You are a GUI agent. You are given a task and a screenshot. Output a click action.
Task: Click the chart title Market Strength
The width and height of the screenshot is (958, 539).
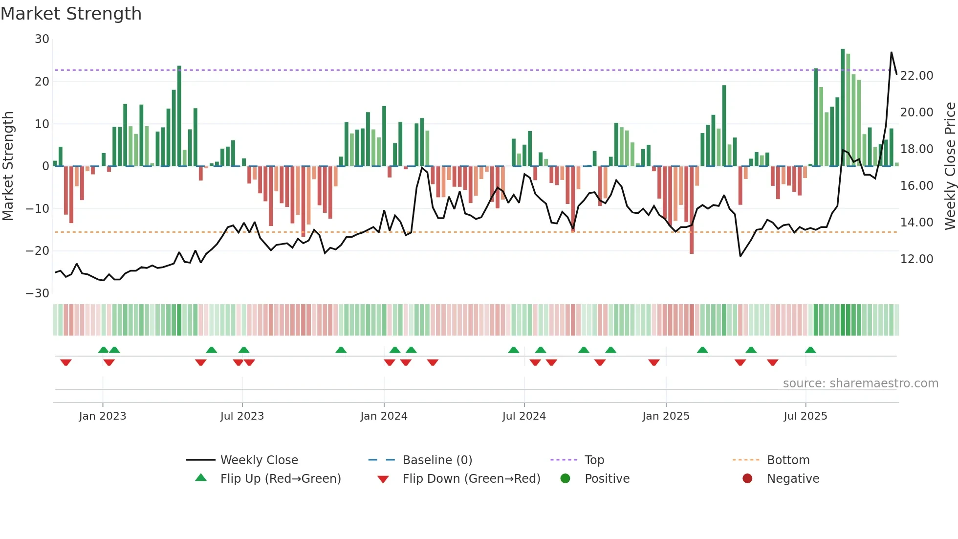pyautogui.click(x=71, y=14)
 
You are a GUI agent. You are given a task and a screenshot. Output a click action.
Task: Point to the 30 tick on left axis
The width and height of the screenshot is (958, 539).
pyautogui.click(x=42, y=39)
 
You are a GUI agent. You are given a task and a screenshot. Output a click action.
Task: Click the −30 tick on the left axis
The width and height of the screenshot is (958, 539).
pyautogui.click(x=38, y=293)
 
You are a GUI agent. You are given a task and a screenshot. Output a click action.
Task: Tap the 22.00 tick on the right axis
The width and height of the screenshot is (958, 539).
pyautogui.click(x=916, y=76)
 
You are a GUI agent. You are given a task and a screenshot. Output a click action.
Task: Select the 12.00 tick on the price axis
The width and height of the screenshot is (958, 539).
pyautogui.click(x=916, y=259)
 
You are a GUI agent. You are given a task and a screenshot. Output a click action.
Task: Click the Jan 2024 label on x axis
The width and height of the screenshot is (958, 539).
pyautogui.click(x=384, y=416)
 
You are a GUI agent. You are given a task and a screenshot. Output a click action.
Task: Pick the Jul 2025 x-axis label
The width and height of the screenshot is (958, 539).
pyautogui.click(x=805, y=416)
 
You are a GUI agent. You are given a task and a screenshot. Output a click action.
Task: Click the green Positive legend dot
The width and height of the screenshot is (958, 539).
pyautogui.click(x=566, y=478)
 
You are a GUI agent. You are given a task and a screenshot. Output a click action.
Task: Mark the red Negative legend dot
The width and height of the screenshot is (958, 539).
pyautogui.click(x=747, y=478)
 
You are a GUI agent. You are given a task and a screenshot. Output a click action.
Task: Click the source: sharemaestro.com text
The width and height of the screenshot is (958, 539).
pyautogui.click(x=860, y=383)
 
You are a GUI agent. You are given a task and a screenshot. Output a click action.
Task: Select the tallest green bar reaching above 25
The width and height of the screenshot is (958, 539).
pyautogui.click(x=843, y=108)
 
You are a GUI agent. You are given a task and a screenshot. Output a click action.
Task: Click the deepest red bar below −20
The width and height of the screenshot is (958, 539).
pyautogui.click(x=692, y=210)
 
